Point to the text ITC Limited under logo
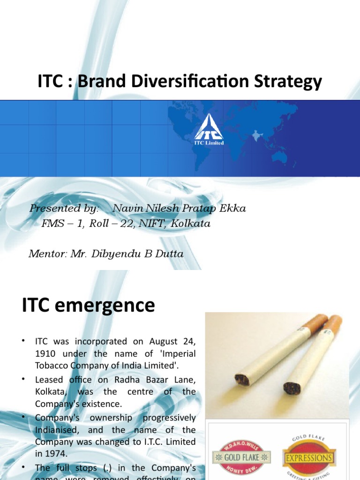[209, 142]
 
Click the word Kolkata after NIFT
[191, 224]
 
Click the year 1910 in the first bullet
[45, 353]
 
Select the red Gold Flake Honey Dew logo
[241, 457]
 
